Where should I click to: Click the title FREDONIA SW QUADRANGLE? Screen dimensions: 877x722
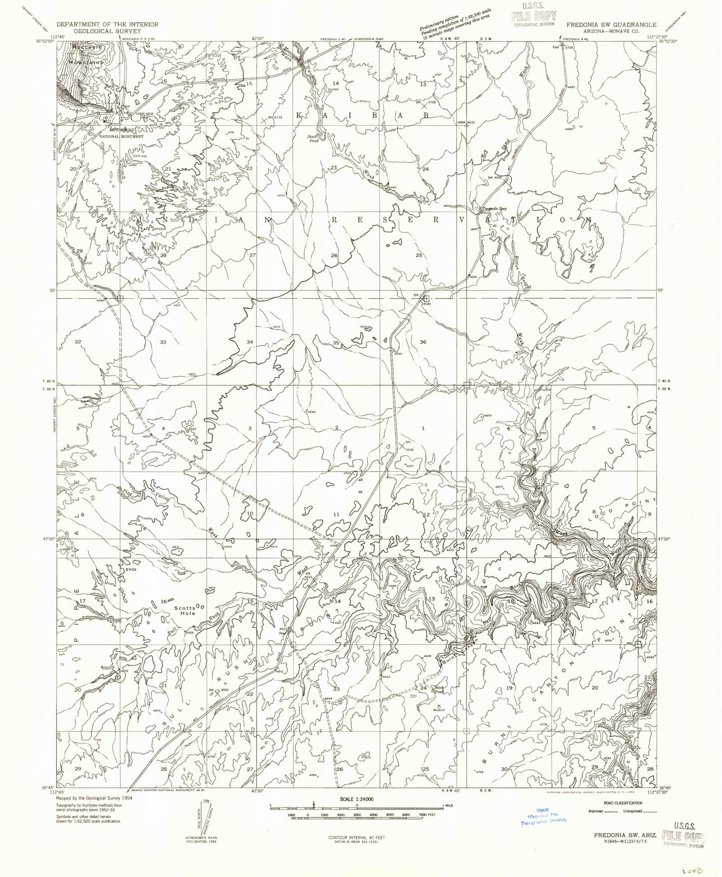point(610,24)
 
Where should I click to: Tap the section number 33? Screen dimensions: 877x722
point(163,342)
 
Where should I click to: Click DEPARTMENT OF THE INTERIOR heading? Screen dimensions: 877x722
point(107,24)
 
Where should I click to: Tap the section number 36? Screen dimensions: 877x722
point(423,342)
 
